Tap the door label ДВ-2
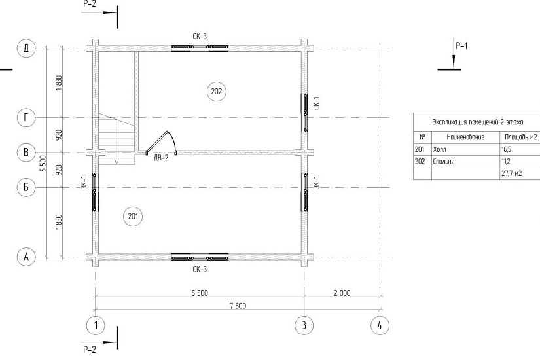161,158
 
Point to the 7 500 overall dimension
238,306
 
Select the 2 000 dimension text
342,293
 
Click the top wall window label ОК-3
200,37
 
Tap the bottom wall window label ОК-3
200,269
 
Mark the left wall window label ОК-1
84,183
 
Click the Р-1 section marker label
461,46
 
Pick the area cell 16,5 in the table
507,149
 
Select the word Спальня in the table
444,162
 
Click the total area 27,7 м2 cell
511,173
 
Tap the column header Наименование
465,137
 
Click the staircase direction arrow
117,141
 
